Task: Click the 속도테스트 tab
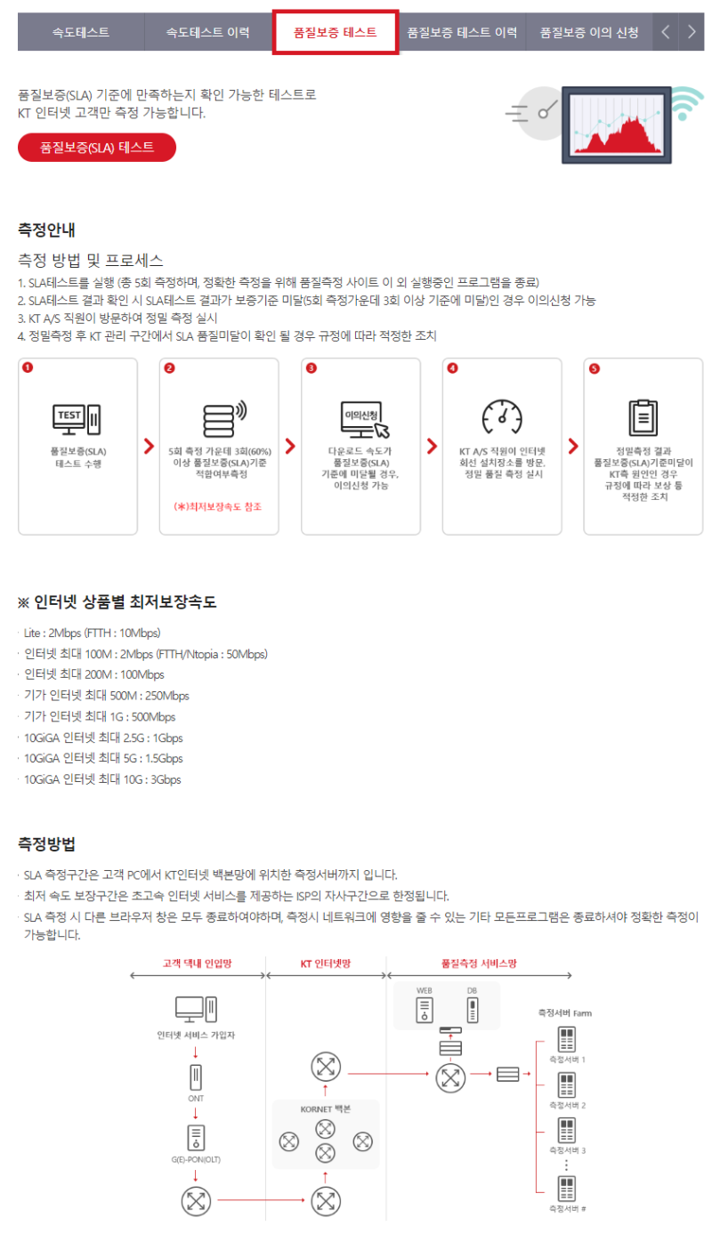click(81, 32)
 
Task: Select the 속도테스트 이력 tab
click(207, 32)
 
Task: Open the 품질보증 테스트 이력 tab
click(462, 32)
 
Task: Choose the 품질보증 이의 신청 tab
click(588, 32)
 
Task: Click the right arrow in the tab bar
click(692, 32)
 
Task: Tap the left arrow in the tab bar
click(666, 32)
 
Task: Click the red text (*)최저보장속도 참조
click(218, 506)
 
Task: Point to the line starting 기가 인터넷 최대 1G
click(100, 716)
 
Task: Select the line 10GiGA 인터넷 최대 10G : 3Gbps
click(102, 779)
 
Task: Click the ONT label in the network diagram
click(196, 1099)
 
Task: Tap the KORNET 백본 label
click(326, 1109)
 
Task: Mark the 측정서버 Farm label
click(564, 1012)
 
